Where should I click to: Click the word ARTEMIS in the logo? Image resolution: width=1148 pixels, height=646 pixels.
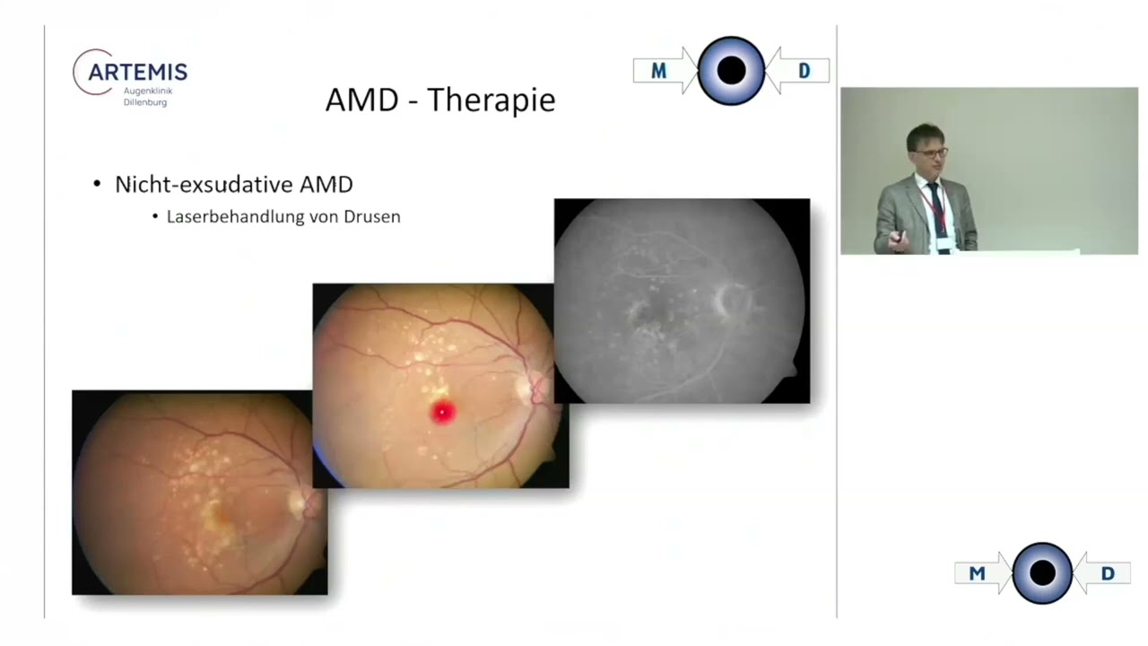(x=137, y=73)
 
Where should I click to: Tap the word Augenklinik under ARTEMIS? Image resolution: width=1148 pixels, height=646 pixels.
(x=148, y=92)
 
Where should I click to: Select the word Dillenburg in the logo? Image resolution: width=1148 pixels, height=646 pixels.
(x=145, y=102)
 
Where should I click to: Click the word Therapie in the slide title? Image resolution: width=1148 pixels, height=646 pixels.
(x=491, y=100)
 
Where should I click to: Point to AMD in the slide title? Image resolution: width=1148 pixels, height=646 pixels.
(x=361, y=99)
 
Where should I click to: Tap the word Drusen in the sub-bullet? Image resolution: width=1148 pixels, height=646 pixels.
(x=372, y=216)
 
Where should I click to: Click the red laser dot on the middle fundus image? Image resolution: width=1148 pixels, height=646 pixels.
(x=442, y=412)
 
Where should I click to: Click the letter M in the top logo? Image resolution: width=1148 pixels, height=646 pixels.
(x=658, y=71)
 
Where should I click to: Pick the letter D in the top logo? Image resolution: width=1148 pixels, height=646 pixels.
(x=804, y=71)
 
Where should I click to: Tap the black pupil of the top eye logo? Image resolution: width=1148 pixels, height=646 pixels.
(x=731, y=70)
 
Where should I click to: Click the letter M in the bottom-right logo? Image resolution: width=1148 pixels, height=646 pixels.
(x=977, y=573)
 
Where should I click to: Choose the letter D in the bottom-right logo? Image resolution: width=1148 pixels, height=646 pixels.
(x=1108, y=573)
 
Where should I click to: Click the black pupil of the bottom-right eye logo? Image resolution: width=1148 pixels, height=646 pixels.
(x=1042, y=572)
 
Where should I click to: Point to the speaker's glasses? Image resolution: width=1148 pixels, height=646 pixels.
(x=933, y=153)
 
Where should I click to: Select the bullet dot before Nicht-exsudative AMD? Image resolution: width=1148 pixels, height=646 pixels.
(x=97, y=184)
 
